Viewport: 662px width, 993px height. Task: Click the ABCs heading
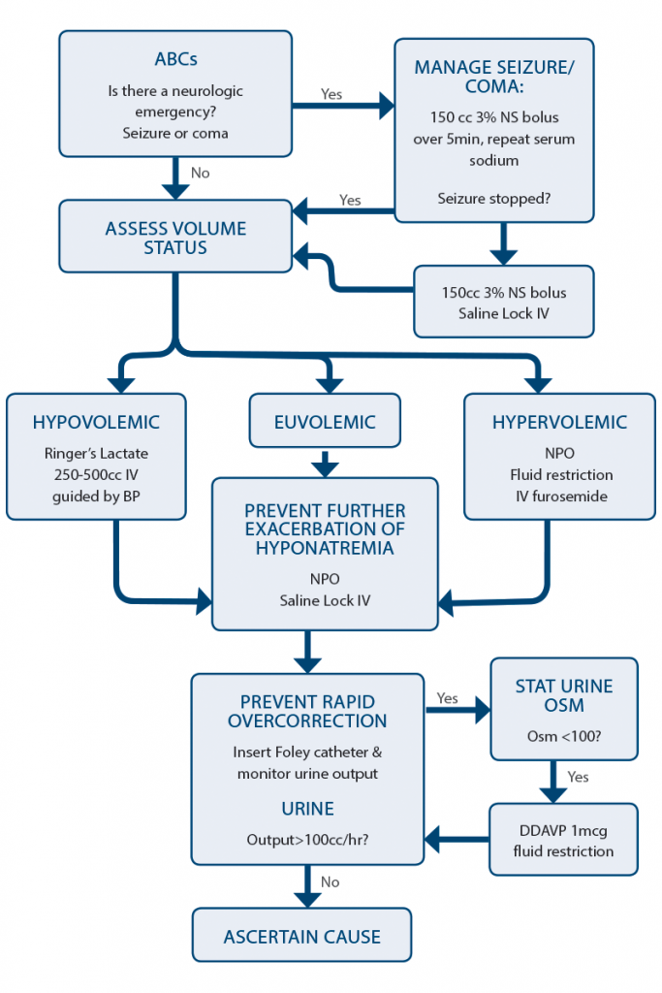[175, 58]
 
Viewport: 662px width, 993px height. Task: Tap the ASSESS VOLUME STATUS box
[175, 238]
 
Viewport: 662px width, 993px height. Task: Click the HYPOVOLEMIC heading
[96, 423]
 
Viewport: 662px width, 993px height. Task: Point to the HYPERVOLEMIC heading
[559, 423]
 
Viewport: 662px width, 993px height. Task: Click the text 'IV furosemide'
[559, 497]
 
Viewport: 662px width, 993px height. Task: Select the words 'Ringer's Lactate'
[96, 452]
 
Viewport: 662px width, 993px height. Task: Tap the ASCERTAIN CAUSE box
[301, 937]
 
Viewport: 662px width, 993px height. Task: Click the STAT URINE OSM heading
[563, 696]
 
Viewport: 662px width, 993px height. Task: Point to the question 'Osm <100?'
[563, 735]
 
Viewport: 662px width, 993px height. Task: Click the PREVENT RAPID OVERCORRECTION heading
[306, 711]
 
